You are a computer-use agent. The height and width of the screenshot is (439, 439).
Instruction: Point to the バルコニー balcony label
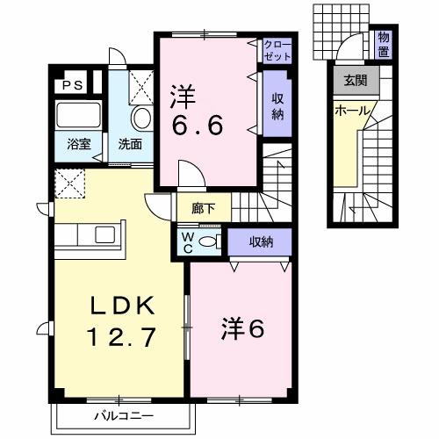tap(119, 414)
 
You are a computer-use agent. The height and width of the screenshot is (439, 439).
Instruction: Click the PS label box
tap(73, 86)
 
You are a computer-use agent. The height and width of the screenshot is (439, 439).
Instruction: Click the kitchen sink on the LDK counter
tap(104, 234)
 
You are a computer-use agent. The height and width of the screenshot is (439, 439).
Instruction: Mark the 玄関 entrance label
tap(354, 82)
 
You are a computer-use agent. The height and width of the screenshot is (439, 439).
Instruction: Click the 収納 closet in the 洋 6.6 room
tap(276, 103)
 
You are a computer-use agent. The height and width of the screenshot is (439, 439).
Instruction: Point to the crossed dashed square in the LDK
tap(68, 183)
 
